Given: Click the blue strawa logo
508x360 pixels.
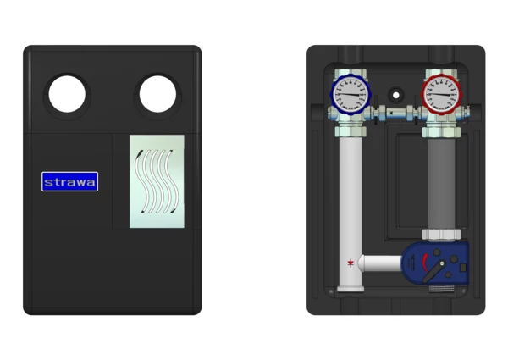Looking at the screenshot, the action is click(70, 181).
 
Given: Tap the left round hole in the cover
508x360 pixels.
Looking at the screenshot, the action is click(67, 94).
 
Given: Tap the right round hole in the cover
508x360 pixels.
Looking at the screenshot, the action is click(157, 94).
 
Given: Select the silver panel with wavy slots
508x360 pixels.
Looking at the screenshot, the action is click(157, 181).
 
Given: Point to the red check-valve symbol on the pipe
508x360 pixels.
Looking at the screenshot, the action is click(351, 263).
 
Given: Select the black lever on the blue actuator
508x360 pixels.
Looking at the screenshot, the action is click(433, 272).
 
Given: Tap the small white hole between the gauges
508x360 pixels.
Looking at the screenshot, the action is click(395, 95).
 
